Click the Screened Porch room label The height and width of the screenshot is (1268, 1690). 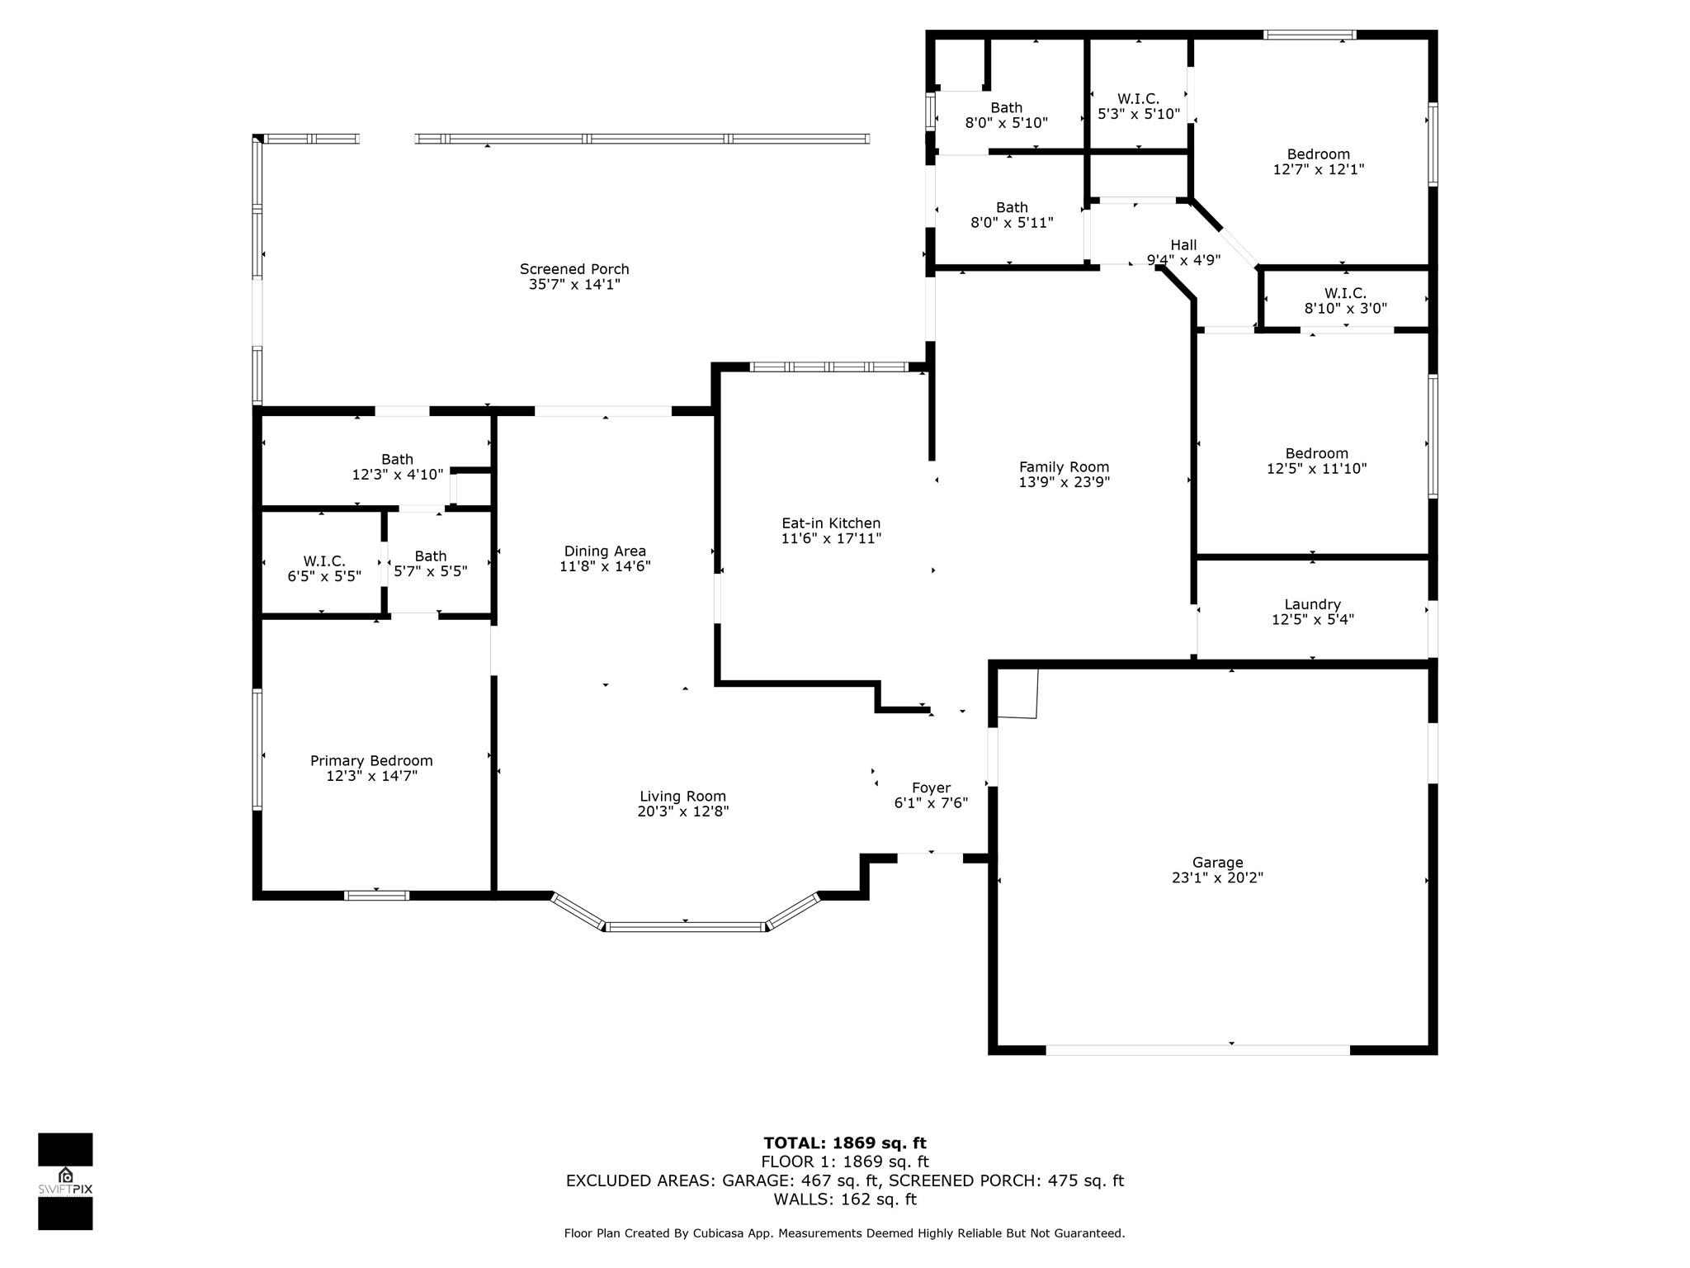[574, 269]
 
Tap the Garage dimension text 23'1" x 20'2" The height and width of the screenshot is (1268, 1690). [1217, 878]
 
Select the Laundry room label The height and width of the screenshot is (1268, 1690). [1312, 604]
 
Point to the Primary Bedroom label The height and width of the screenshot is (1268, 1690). [371, 760]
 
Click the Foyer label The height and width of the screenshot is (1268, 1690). [931, 788]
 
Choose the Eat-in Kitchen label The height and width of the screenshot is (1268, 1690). [831, 523]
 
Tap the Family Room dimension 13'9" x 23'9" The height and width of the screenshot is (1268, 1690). [1064, 482]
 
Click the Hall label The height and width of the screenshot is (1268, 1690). [1183, 244]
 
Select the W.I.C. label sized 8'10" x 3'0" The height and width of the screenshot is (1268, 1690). [1345, 293]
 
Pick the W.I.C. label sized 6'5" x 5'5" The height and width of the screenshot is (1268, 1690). [324, 561]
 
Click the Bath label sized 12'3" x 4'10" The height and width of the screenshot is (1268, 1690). [397, 459]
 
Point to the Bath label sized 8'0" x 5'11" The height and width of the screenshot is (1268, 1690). [1012, 207]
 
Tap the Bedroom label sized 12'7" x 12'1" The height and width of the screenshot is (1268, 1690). [1318, 154]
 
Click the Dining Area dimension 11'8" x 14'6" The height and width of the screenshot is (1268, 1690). [605, 566]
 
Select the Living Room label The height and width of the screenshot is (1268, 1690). [682, 796]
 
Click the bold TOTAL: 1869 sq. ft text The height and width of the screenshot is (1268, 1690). [845, 1143]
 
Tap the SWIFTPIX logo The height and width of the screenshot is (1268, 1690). [65, 1181]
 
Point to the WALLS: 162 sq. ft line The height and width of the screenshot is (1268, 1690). [845, 1199]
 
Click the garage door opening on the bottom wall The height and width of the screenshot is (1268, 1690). [1197, 1050]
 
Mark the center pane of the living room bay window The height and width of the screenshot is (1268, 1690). [686, 927]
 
